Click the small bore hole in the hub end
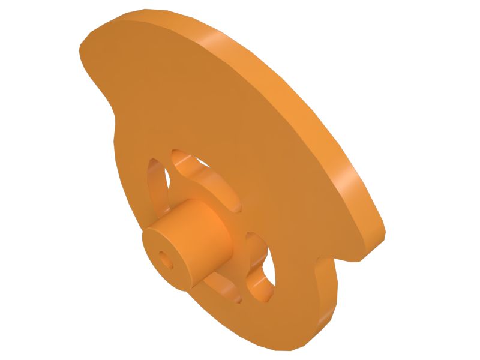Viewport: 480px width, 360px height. [166, 259]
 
